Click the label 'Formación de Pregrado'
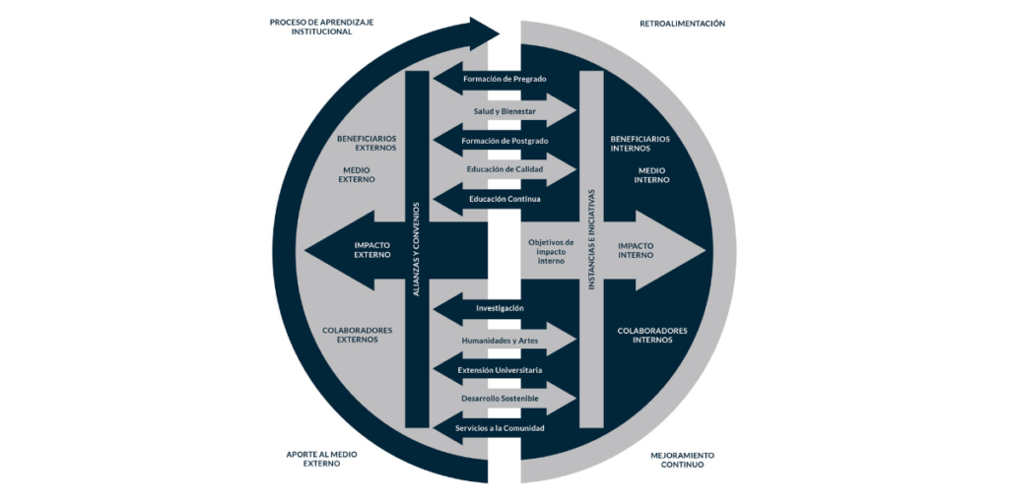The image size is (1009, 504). (504, 79)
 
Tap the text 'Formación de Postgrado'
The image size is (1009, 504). (504, 141)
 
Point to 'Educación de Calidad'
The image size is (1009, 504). (504, 169)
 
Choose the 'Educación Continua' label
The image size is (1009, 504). (504, 200)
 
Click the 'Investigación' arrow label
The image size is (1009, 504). (500, 308)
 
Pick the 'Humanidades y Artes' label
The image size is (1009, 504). (501, 341)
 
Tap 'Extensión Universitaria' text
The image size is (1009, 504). (500, 370)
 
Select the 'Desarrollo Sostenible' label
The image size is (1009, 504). (501, 399)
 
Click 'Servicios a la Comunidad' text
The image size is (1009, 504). (500, 428)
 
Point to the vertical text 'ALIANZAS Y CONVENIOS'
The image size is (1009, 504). (416, 249)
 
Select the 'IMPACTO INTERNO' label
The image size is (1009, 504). (636, 249)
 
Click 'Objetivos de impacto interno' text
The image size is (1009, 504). (551, 251)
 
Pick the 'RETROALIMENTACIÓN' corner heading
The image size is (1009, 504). (682, 24)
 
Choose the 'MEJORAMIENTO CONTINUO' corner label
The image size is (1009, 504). (682, 460)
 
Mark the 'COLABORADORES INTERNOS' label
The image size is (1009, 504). (652, 335)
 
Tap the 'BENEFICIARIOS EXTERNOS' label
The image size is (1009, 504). (367, 144)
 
